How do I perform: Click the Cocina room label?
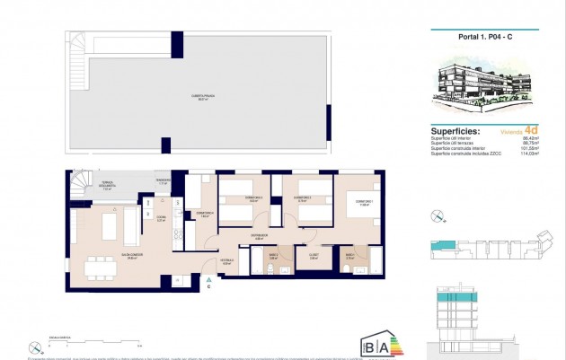[x=161, y=217]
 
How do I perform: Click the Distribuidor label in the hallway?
[x=259, y=238]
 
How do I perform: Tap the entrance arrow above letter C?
[x=208, y=279]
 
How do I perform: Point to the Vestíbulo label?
[x=227, y=262]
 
